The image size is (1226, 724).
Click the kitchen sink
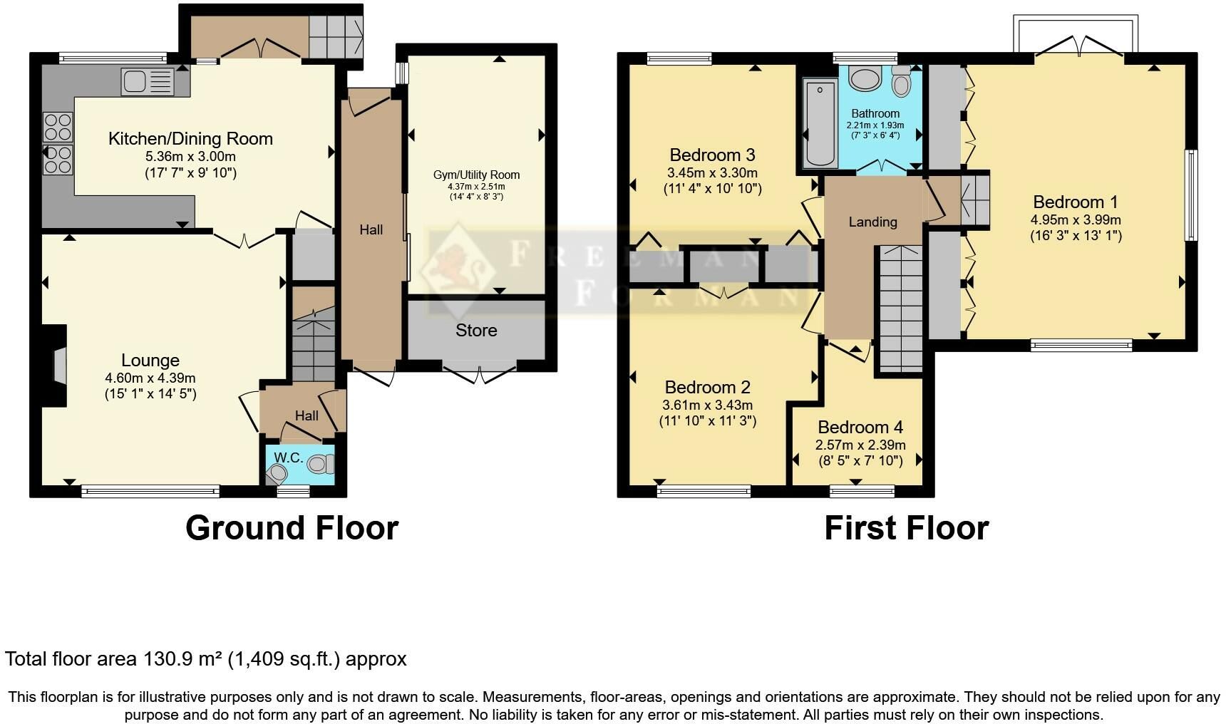pos(148,81)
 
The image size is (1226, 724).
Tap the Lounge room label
pos(150,361)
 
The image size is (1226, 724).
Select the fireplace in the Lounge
pos(54,366)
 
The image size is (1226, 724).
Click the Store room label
pos(476,331)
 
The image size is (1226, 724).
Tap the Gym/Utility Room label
pos(476,175)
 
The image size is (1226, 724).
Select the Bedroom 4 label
pos(860,428)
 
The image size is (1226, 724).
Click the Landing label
pos(872,222)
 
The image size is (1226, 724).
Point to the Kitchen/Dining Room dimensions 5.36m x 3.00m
pos(190,157)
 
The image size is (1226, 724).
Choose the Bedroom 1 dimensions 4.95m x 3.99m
pos(1076,220)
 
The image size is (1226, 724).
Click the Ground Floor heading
pos(292,528)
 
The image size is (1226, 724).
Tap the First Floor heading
pos(907,528)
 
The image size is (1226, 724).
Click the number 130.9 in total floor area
pos(170,659)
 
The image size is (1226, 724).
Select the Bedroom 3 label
pos(712,155)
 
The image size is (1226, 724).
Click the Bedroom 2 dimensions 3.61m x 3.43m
pos(707,405)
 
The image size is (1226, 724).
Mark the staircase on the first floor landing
pos(898,308)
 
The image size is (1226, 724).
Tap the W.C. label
pos(289,457)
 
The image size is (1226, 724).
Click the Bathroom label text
pos(875,113)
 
